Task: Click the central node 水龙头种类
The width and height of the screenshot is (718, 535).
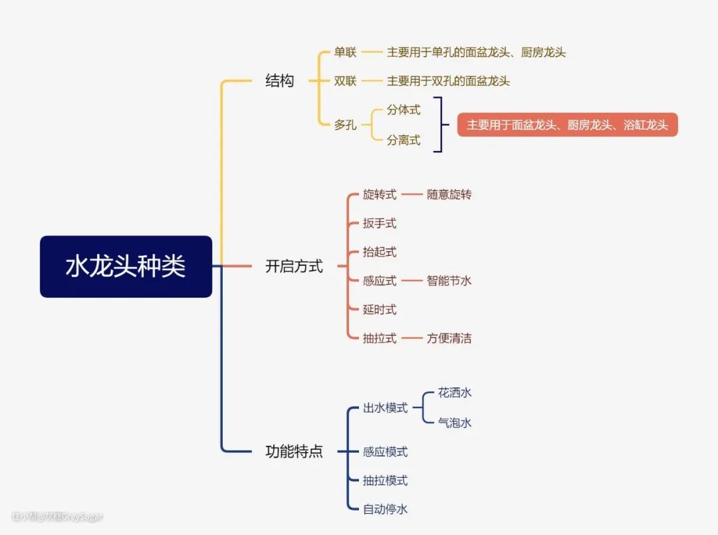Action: pos(126,267)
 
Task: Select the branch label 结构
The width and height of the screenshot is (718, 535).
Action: pos(279,81)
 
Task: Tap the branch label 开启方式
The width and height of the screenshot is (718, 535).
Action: pos(294,267)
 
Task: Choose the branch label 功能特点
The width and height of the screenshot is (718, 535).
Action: pos(294,452)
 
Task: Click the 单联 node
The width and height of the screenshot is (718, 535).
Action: pos(345,52)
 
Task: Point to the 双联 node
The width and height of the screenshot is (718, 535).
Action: pos(345,81)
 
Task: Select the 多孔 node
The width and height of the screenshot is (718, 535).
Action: pos(345,125)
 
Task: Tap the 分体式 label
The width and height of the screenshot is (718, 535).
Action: pos(404,110)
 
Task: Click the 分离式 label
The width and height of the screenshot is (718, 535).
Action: pos(404,140)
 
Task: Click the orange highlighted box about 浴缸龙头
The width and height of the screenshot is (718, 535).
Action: pos(567,125)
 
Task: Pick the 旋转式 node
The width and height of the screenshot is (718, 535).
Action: pos(380,195)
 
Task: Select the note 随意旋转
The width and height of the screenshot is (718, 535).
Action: pos(449,195)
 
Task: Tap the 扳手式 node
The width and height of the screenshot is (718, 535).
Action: pos(380,223)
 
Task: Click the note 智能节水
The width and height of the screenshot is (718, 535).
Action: pos(449,280)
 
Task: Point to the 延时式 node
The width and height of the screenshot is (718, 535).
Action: pos(380,309)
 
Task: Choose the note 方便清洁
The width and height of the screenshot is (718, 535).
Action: pos(449,338)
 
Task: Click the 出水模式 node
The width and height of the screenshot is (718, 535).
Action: pos(385,408)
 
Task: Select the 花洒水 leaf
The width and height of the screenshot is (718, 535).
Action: pos(455,393)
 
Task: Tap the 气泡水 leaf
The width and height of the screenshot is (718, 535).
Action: pos(455,423)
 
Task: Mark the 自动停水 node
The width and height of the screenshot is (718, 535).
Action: pos(385,510)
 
